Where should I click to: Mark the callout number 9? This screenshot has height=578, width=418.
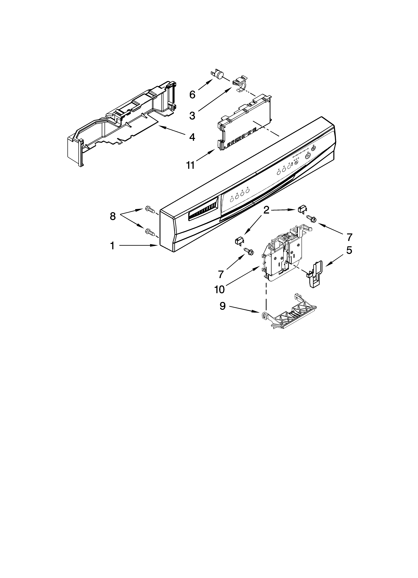coord(222,306)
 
